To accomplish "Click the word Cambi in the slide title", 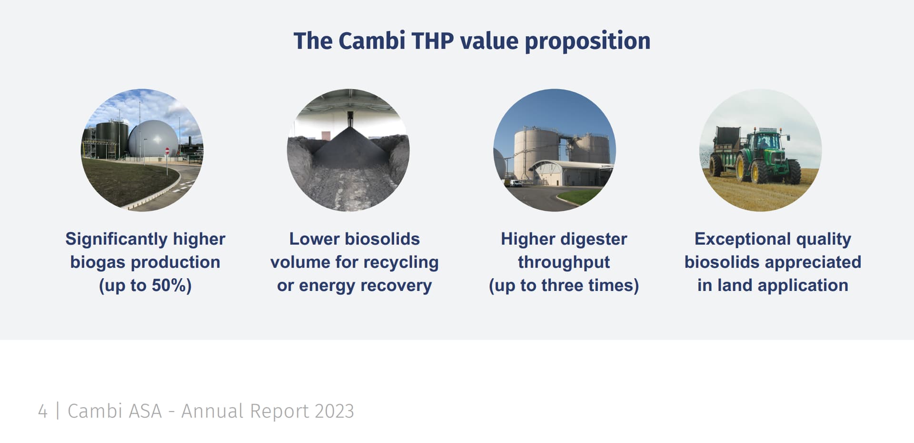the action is (x=372, y=41).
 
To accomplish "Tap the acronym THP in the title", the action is (x=433, y=41).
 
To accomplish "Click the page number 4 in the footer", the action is (x=43, y=411).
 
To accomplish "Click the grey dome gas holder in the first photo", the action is (x=153, y=139).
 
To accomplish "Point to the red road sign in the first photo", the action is (x=167, y=151).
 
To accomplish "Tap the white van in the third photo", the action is (x=515, y=183).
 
